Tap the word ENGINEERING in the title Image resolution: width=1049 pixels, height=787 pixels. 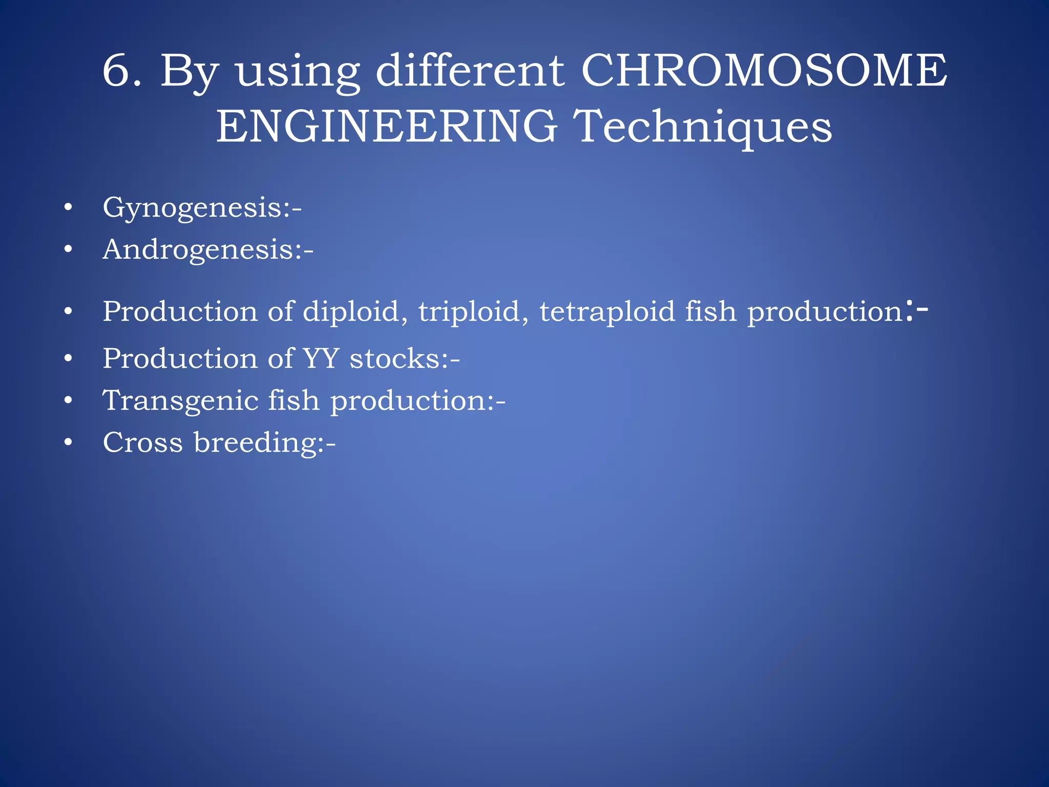coord(387,127)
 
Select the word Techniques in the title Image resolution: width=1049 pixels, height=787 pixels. coord(702,128)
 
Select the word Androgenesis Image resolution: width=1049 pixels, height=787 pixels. coord(202,250)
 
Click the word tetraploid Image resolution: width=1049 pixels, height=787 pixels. coord(607,312)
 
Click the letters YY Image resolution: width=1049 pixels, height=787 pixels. coord(321,358)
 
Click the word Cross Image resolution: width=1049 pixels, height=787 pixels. coord(142,442)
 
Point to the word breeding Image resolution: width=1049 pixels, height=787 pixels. coord(255,443)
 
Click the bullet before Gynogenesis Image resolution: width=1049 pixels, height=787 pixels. coord(68,208)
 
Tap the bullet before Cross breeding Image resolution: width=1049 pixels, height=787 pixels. coord(68,442)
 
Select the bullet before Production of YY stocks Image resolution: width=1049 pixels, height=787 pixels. coord(68,359)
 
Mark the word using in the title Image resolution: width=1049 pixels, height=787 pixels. coord(298,72)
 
